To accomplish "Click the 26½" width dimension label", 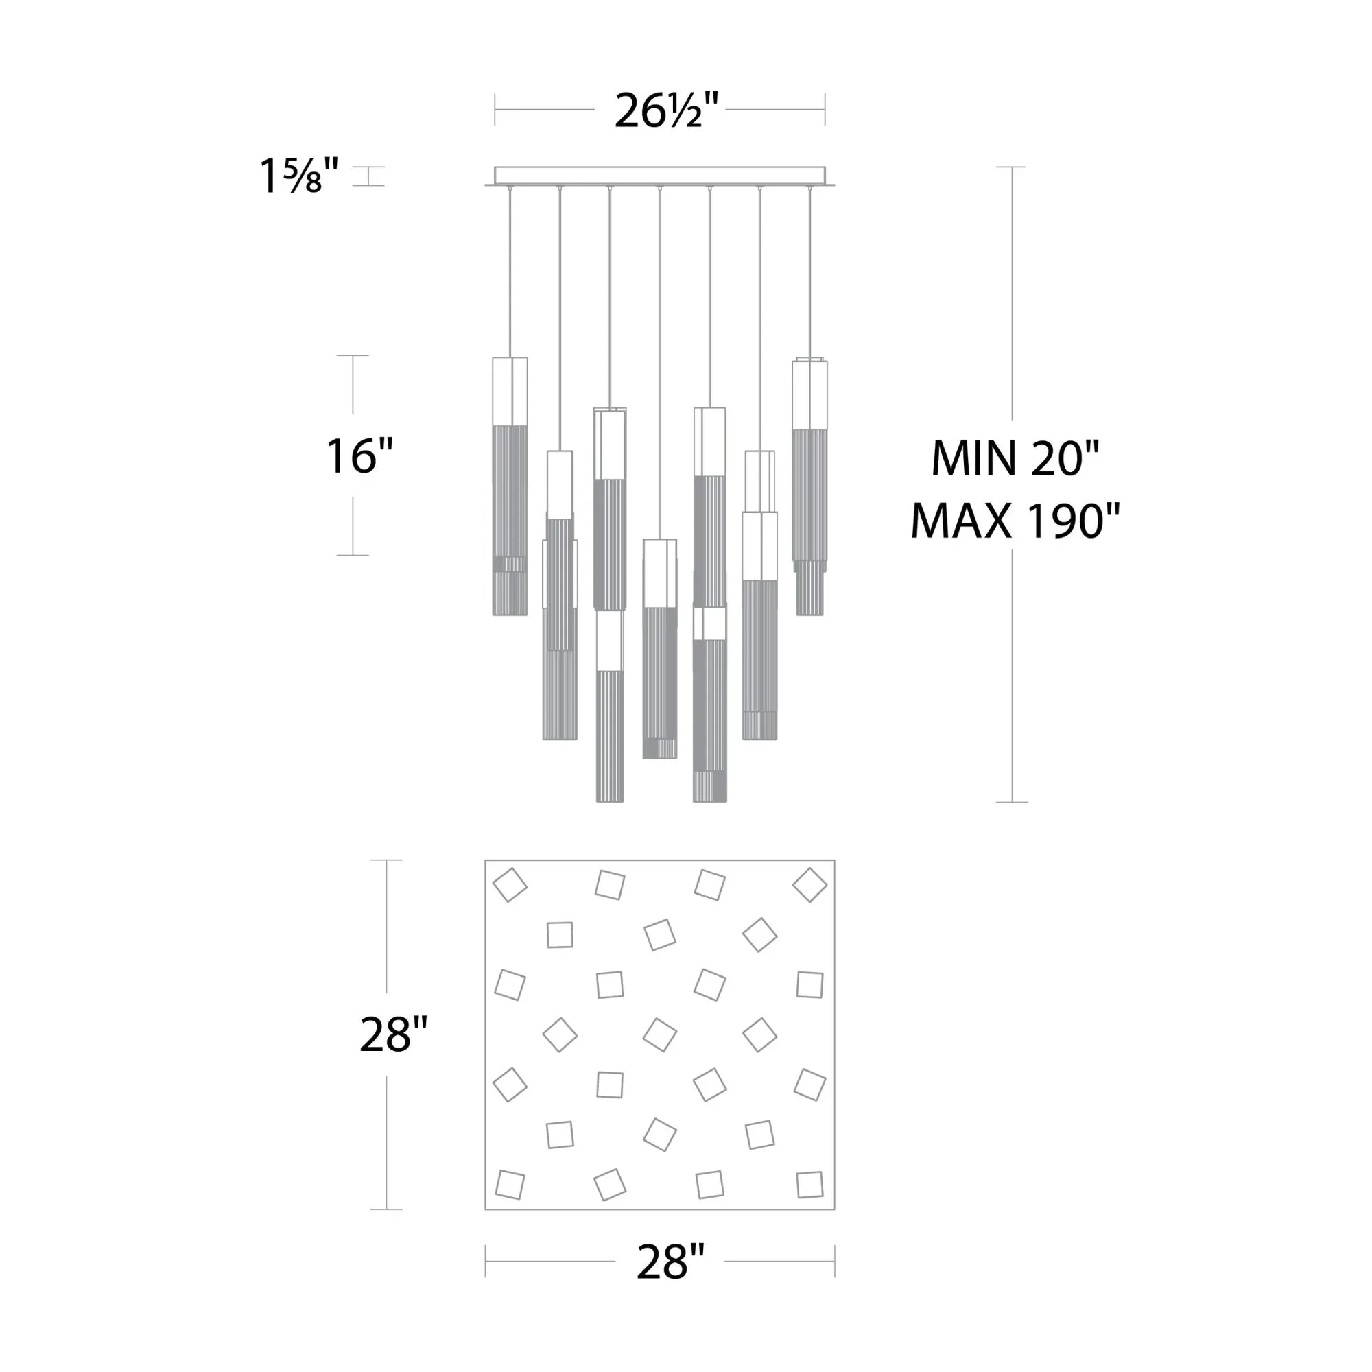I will [x=666, y=110].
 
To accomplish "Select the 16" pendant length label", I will [x=359, y=456].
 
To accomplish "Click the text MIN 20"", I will [x=1015, y=460].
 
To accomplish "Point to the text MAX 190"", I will [x=1015, y=522].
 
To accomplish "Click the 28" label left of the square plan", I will [x=393, y=1034].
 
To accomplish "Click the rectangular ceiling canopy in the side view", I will [x=660, y=176].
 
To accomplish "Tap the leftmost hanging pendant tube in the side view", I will [x=510, y=486].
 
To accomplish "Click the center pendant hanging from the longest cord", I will [x=660, y=648].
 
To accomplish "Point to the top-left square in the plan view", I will [x=510, y=885].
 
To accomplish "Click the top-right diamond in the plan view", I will [x=809, y=885].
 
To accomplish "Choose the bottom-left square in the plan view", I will [x=510, y=1185].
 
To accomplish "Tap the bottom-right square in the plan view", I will [x=809, y=1185].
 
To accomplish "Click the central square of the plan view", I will [x=660, y=1034].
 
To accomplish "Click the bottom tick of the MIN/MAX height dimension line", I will [x=1012, y=803].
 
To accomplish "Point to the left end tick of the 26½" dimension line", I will [x=495, y=109].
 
